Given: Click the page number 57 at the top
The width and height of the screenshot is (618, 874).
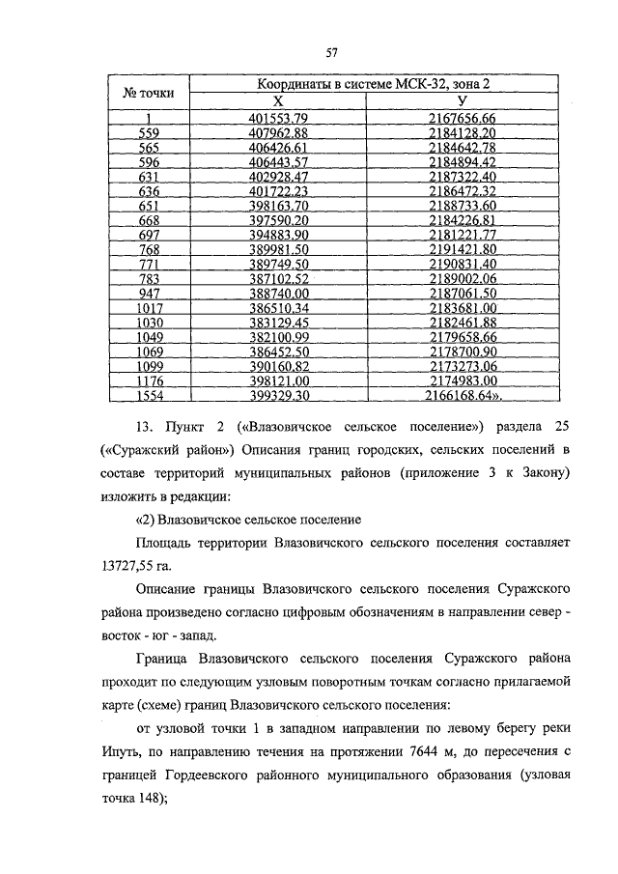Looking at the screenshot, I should click(x=330, y=52).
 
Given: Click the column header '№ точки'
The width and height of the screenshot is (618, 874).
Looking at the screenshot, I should click(x=149, y=94).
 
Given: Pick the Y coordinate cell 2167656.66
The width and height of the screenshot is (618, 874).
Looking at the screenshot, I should click(x=462, y=118).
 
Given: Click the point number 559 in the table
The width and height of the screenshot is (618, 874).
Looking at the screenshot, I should click(x=149, y=132).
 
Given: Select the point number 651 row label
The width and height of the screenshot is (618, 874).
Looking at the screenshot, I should click(x=149, y=205).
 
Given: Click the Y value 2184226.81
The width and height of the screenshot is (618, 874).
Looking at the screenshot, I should click(x=462, y=219).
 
